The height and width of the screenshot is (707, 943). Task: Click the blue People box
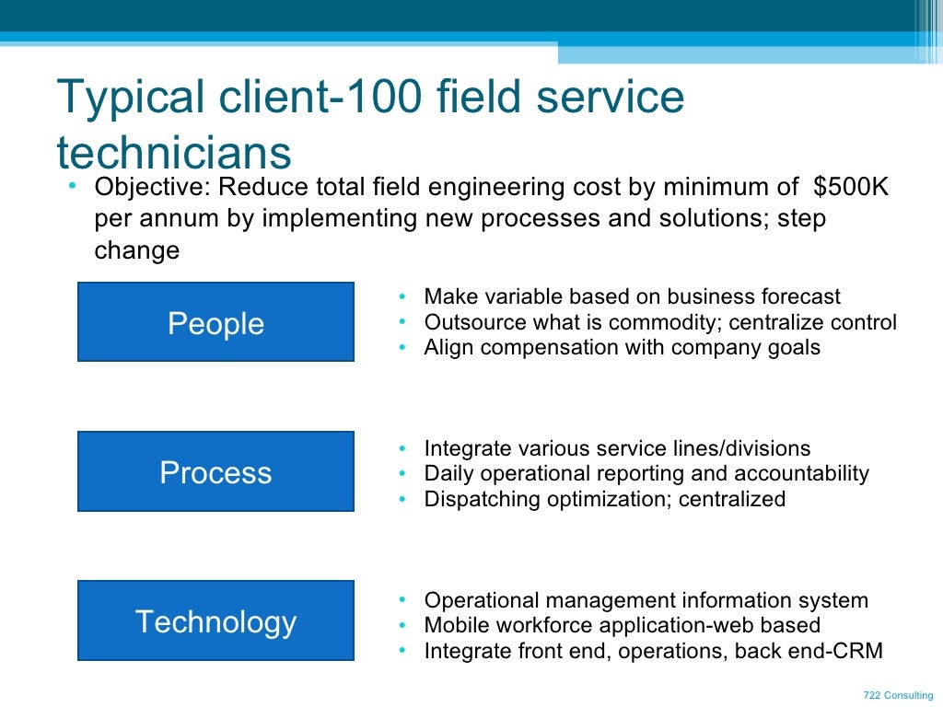click(215, 322)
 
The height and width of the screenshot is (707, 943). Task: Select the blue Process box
click(215, 471)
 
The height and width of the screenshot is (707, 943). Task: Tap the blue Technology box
click(215, 620)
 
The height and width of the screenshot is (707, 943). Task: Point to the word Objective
click(152, 188)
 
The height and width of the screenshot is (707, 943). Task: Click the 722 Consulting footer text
click(898, 695)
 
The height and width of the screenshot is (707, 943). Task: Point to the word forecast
click(800, 297)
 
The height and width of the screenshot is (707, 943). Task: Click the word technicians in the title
click(174, 151)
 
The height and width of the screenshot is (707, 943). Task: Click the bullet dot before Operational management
click(403, 600)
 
